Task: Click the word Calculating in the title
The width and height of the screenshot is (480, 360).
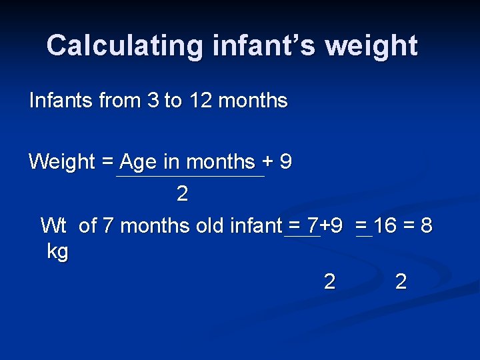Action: click(125, 45)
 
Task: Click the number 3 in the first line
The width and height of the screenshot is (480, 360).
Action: click(153, 101)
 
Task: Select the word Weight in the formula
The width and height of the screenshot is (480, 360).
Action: click(62, 161)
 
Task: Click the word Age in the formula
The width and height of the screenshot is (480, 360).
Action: click(138, 161)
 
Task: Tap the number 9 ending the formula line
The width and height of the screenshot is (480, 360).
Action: click(285, 161)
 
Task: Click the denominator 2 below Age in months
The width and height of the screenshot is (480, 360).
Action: click(182, 194)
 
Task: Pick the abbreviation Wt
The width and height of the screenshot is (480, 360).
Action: click(53, 225)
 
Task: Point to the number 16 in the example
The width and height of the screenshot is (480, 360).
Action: click(384, 225)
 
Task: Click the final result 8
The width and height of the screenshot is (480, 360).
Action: click(427, 225)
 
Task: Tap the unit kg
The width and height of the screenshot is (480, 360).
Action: click(58, 252)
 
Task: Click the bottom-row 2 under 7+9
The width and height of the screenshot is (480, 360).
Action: click(329, 281)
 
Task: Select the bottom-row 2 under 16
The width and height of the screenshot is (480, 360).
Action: click(401, 281)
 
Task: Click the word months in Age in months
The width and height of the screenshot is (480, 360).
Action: click(221, 161)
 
